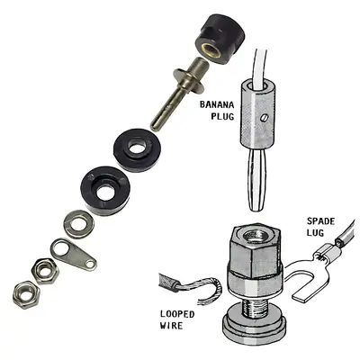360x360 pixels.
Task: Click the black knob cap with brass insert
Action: [220, 40]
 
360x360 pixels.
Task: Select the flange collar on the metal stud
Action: [189, 79]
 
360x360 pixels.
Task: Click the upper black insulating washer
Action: [137, 150]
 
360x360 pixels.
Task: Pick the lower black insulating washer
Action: [105, 191]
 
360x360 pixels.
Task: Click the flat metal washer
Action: [79, 224]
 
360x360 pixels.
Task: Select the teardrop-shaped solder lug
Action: [73, 254]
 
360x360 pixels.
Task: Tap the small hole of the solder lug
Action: [90, 264]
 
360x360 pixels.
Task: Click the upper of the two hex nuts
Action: [45, 271]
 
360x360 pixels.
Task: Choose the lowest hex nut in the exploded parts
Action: [26, 294]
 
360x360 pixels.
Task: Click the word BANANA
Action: [217, 104]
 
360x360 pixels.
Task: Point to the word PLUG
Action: [222, 116]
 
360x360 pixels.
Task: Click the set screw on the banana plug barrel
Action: [262, 118]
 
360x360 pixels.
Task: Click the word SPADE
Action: [320, 221]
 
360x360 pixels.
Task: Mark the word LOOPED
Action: [177, 314]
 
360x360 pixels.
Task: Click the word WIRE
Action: [171, 326]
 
